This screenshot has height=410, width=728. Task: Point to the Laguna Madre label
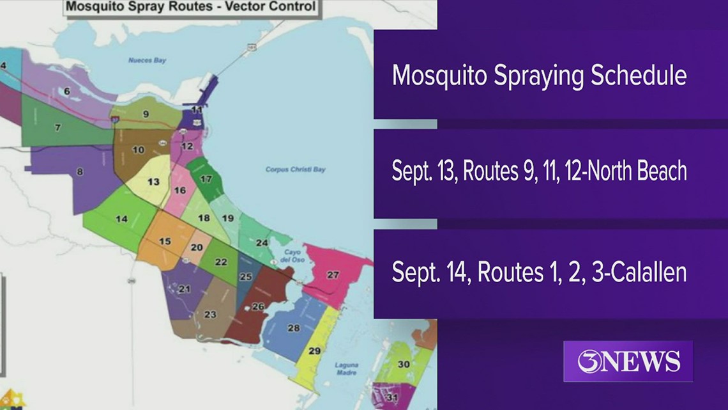(x=346, y=369)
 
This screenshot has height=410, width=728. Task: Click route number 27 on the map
(x=333, y=275)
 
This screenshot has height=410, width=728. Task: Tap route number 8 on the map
(x=80, y=171)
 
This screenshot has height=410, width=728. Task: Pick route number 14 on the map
(x=121, y=219)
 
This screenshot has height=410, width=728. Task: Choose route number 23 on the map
(x=210, y=314)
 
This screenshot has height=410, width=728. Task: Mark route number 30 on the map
(x=404, y=364)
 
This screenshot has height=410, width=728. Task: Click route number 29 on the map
(x=314, y=351)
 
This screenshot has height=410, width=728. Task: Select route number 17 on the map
(x=206, y=179)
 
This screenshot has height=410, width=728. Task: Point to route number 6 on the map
(x=67, y=91)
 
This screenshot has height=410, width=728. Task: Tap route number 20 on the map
(x=197, y=248)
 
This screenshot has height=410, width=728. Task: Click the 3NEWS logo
(x=628, y=361)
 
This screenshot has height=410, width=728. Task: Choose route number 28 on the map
(x=294, y=328)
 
